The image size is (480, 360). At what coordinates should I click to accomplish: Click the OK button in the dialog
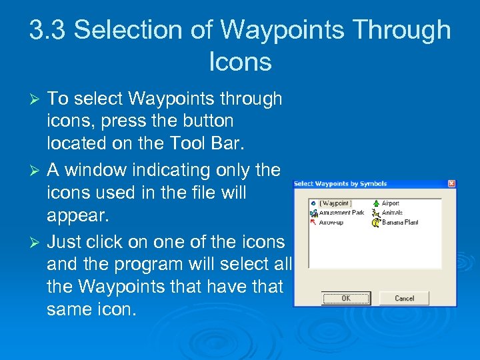tap(345, 298)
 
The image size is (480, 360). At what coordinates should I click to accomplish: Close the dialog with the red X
tap(451, 183)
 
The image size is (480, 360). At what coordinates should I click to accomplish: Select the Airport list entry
tap(390, 203)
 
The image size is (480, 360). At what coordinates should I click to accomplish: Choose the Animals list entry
tap(392, 213)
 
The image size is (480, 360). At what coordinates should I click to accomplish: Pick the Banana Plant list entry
tap(399, 222)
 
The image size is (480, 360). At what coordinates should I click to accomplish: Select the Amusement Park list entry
tap(341, 213)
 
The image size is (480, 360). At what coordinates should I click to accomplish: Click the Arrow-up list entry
tap(331, 222)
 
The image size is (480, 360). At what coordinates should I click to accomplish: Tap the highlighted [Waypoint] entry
tap(335, 203)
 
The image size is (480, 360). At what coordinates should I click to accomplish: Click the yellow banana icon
tap(376, 222)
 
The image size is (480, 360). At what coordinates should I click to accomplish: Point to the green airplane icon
tap(376, 203)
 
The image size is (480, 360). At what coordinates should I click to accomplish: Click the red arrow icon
tap(313, 222)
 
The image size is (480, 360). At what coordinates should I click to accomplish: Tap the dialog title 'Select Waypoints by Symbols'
tap(340, 183)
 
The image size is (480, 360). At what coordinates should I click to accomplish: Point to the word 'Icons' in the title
tap(240, 62)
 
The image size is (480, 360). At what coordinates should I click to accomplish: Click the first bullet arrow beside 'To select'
tap(37, 99)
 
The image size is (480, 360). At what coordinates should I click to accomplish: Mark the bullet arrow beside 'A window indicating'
tap(37, 171)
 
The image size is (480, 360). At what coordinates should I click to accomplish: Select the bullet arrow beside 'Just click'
tap(37, 242)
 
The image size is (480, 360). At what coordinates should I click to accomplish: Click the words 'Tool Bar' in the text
tap(199, 143)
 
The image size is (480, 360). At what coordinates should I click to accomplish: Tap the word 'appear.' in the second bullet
tap(78, 215)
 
